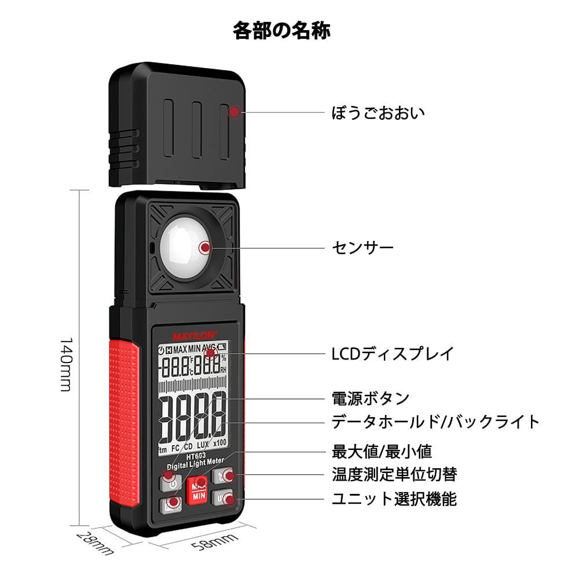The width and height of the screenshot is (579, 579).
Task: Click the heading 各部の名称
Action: point(282,30)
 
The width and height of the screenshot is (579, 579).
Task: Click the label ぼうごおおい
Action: point(378,112)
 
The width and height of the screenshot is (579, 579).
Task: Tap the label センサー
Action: point(363,248)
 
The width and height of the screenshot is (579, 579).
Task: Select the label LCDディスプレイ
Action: point(393,353)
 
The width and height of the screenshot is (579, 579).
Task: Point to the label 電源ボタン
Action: point(371,398)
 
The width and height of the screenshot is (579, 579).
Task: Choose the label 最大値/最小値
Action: point(382,451)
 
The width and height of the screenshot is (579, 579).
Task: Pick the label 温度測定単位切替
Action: point(394,475)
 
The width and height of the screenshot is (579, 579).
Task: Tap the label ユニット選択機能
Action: point(394,499)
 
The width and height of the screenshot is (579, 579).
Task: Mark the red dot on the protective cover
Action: point(234,112)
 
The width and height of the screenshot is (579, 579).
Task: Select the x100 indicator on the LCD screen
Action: point(219,444)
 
